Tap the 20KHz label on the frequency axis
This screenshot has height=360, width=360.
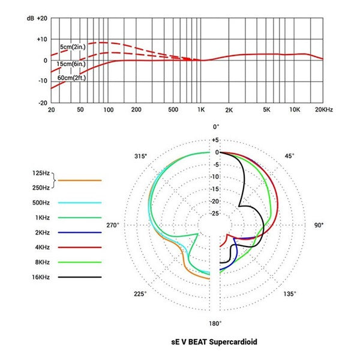coord(323,111)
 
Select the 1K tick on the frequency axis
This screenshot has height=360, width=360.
coord(202,111)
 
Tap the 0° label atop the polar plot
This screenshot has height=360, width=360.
coord(217,127)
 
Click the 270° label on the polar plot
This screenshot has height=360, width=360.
coord(113,225)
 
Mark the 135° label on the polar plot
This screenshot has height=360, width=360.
coord(290,294)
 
